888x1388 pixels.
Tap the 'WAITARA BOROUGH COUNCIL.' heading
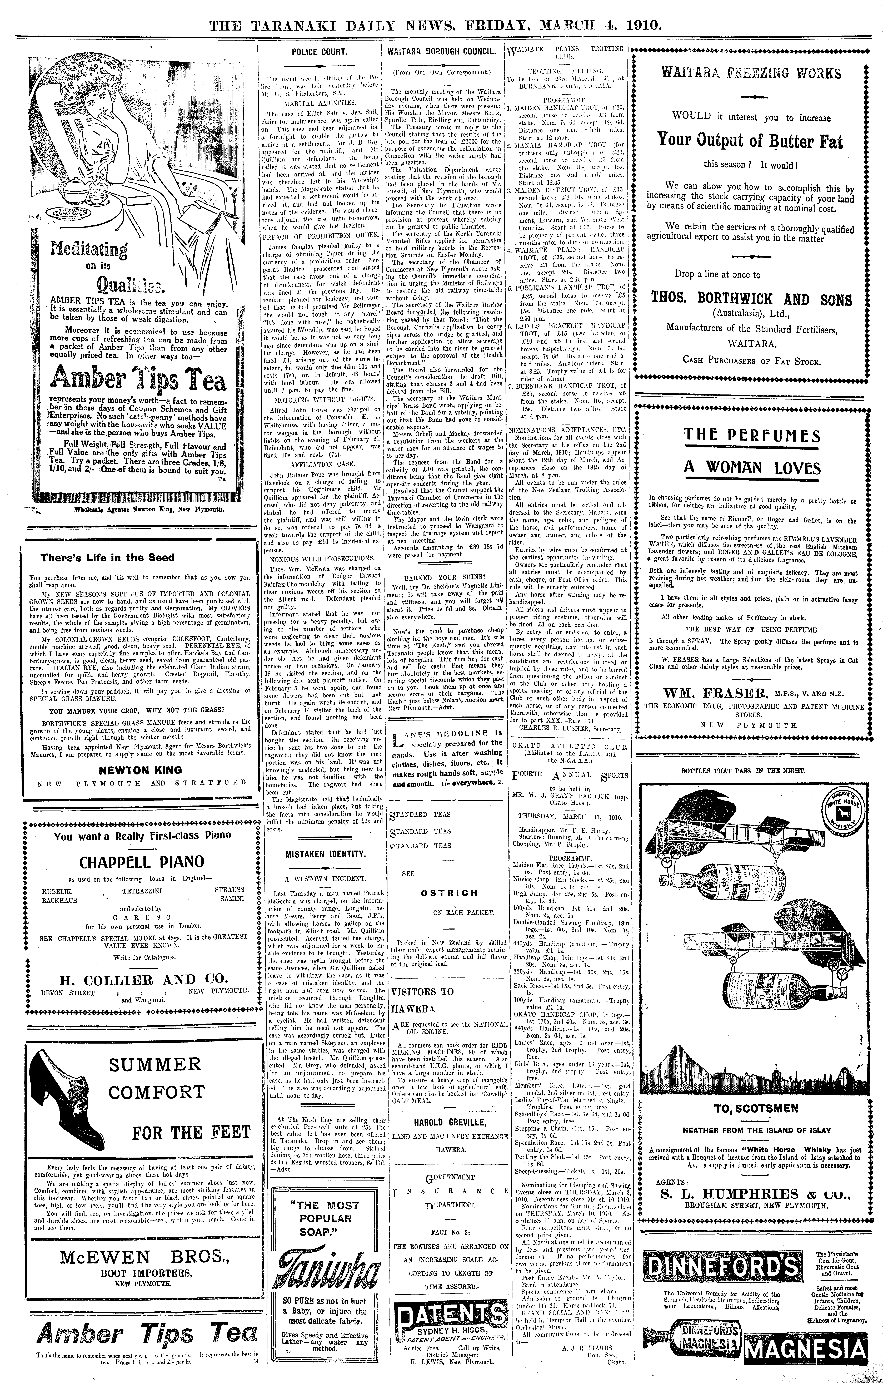[442, 51]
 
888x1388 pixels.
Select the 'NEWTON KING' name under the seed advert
[140, 770]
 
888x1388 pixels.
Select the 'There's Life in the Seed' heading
[107, 558]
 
